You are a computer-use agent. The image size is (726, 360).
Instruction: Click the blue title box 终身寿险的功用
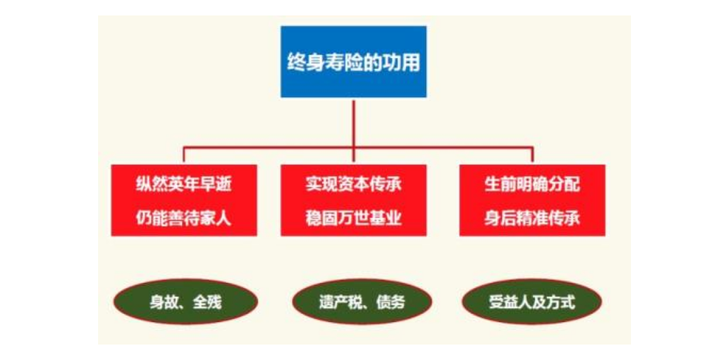pos(353,62)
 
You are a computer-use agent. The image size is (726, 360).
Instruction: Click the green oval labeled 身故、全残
pos(185,301)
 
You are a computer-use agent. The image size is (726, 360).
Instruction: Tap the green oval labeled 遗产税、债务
pos(362,301)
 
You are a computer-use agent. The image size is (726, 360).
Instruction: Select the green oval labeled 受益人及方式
pos(532,301)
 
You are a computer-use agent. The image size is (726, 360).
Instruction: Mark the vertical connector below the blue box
pos(354,123)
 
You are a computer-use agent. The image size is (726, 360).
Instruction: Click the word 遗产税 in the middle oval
pos(341,303)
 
